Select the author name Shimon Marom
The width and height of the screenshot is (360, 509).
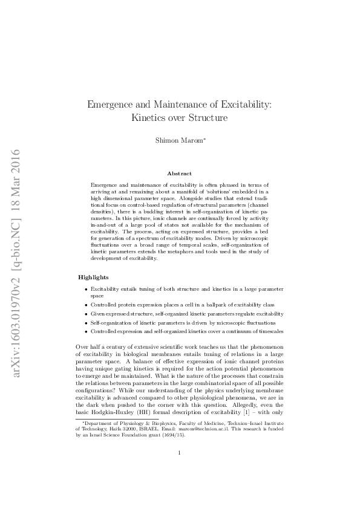coord(180,140)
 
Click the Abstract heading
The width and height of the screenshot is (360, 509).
coord(179,173)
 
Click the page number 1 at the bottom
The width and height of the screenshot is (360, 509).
coord(180,469)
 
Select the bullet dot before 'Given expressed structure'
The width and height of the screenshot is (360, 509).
coord(87,314)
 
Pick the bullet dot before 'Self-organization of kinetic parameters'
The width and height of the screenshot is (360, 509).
coord(87,323)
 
